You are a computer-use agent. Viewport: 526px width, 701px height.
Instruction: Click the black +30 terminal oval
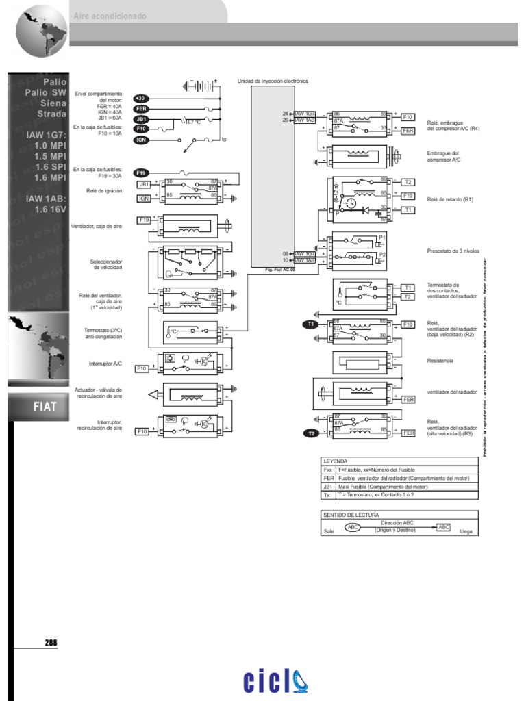click(141, 98)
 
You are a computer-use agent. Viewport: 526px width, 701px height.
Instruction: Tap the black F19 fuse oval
click(142, 173)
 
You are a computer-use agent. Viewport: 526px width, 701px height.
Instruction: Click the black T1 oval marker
click(310, 323)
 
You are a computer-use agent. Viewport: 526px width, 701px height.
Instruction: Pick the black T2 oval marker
click(310, 433)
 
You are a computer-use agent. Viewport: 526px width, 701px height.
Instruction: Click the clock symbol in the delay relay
click(351, 203)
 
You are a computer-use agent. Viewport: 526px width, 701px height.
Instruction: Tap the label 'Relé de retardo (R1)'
click(450, 199)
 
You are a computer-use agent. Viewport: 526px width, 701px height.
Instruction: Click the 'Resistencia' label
click(440, 360)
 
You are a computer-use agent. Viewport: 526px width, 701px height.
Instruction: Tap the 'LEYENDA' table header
click(336, 461)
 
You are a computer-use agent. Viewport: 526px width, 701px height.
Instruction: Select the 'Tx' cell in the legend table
click(327, 494)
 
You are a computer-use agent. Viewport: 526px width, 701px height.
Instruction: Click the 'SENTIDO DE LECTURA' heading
click(351, 514)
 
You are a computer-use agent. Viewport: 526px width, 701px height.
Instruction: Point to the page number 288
click(51, 643)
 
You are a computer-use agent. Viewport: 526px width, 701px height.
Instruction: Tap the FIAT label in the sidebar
click(45, 407)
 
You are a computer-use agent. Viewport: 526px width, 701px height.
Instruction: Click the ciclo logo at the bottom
click(276, 681)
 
